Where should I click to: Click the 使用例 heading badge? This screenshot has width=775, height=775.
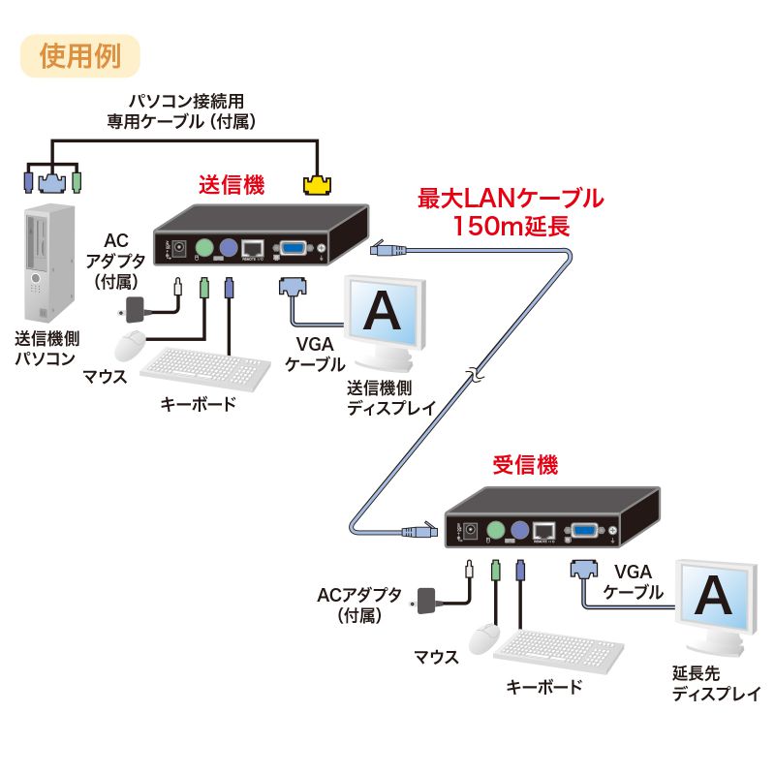pyautogui.click(x=80, y=55)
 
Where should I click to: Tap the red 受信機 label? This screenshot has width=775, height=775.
pyautogui.click(x=525, y=465)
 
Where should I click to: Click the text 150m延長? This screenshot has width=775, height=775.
pyautogui.click(x=511, y=227)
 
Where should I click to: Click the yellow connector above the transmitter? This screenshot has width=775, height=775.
pyautogui.click(x=318, y=183)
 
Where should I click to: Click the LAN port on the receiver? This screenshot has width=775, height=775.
pyautogui.click(x=545, y=531)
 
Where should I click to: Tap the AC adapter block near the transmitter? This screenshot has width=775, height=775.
pyautogui.click(x=136, y=309)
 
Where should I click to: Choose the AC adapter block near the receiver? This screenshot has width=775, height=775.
pyautogui.click(x=428, y=600)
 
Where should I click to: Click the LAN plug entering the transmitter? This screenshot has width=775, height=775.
pyautogui.click(x=385, y=250)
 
